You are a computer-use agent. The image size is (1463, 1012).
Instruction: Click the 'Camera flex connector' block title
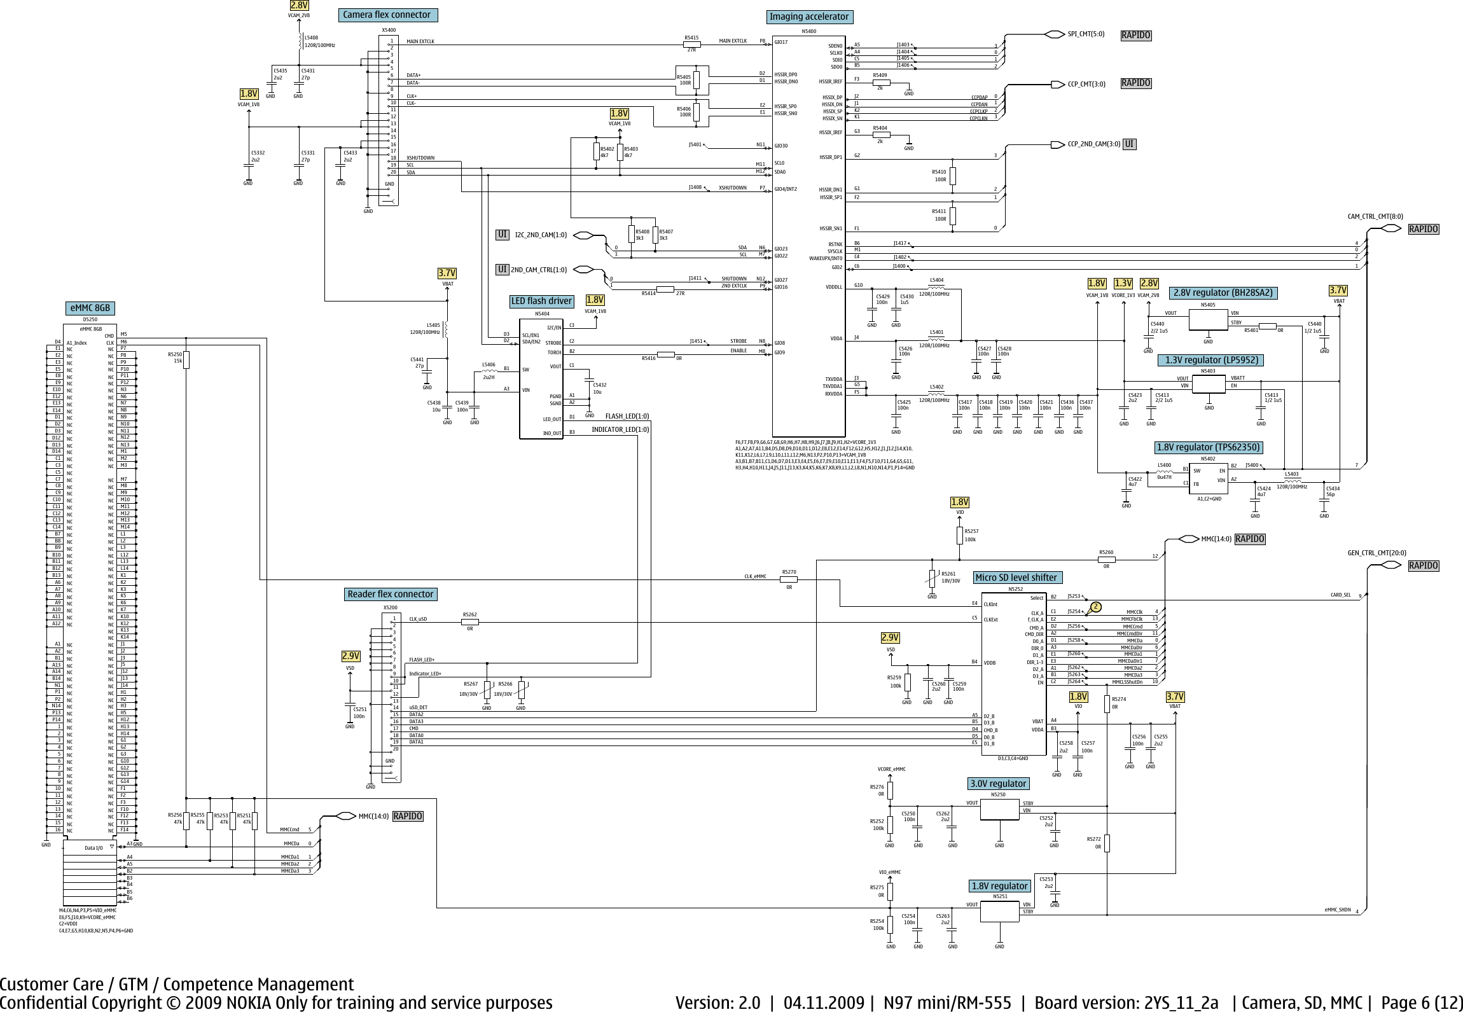387,15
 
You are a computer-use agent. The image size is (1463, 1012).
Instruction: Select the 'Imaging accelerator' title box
808,17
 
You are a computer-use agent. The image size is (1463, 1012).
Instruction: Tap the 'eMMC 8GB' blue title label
90,308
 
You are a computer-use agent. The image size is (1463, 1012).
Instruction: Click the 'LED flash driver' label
541,301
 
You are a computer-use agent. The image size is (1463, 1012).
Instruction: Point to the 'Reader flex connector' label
390,594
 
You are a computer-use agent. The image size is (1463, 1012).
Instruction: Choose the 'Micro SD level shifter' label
1016,578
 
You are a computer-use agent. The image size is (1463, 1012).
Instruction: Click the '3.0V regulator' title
998,783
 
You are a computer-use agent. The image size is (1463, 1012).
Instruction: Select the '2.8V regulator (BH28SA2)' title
1223,293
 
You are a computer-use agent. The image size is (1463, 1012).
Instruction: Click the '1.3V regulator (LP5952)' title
1211,360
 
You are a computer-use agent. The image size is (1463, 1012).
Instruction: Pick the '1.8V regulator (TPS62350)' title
1208,447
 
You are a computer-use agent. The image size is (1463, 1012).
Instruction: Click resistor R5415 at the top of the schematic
691,45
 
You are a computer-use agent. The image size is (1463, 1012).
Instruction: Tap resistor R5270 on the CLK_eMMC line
789,579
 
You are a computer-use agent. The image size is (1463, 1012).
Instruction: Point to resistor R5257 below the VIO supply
960,536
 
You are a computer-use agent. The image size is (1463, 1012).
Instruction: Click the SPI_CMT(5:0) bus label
1086,34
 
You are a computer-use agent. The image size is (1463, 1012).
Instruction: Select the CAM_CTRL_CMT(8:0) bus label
1375,216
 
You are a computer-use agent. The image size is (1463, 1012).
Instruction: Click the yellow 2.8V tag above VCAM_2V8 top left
300,5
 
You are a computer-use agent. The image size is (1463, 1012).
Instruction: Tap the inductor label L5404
936,280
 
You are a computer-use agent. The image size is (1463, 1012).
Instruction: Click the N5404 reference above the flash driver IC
541,314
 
